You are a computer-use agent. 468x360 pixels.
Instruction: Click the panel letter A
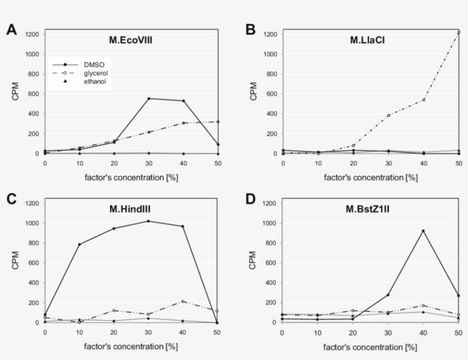pyautogui.click(x=11, y=31)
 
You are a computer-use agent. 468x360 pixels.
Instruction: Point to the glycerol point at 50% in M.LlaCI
pyautogui.click(x=458, y=32)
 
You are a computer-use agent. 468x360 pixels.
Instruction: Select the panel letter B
pyautogui.click(x=249, y=31)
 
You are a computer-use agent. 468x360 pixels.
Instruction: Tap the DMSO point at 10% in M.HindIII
pyautogui.click(x=79, y=244)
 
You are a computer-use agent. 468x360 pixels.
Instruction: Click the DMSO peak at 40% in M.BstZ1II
pyautogui.click(x=423, y=231)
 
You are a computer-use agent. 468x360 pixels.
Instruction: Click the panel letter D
pyautogui.click(x=249, y=200)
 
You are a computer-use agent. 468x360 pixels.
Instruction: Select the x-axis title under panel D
pyautogui.click(x=370, y=346)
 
